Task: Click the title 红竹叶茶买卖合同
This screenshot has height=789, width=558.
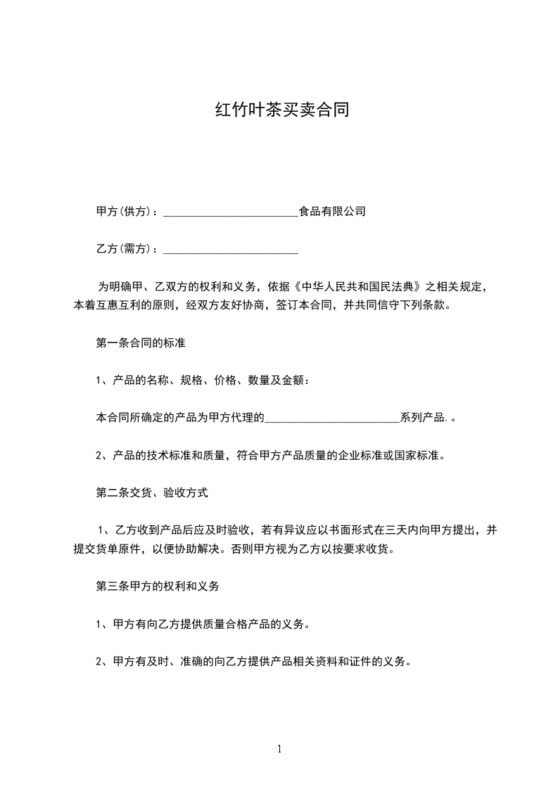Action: click(281, 110)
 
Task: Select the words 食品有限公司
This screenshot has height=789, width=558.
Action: click(332, 211)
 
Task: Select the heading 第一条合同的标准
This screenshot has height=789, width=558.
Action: click(140, 343)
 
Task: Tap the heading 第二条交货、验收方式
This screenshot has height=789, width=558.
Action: click(151, 493)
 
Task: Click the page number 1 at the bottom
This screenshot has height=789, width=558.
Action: click(279, 749)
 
